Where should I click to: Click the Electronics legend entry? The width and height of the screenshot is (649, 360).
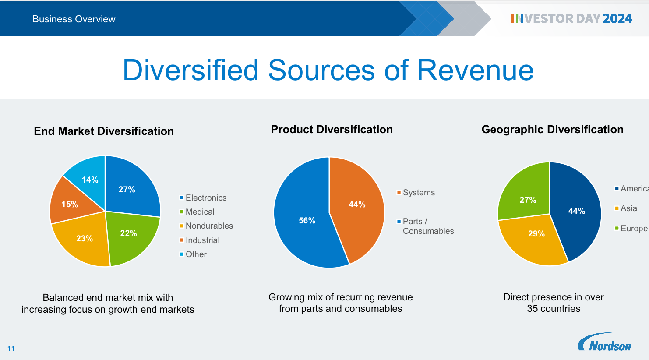pyautogui.click(x=203, y=198)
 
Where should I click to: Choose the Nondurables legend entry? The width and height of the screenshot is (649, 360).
pyautogui.click(x=206, y=226)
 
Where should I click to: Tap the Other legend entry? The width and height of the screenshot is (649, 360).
pyautogui.click(x=193, y=254)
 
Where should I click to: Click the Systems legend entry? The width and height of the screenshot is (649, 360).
pyautogui.click(x=416, y=192)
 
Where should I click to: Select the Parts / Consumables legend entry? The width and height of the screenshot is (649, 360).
pyautogui.click(x=425, y=226)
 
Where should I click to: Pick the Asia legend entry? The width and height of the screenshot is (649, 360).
pyautogui.click(x=626, y=208)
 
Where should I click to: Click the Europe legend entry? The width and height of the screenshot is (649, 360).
pyautogui.click(x=631, y=229)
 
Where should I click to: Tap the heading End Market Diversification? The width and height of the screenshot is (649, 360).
pyautogui.click(x=104, y=131)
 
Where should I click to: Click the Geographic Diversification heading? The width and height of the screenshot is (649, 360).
pyautogui.click(x=553, y=129)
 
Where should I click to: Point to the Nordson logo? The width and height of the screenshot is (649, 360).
pyautogui.click(x=604, y=342)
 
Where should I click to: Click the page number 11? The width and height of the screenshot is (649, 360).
pyautogui.click(x=11, y=348)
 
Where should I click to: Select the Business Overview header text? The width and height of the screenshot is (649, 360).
pyautogui.click(x=74, y=19)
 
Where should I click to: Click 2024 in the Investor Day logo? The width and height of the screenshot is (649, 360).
pyautogui.click(x=617, y=18)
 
